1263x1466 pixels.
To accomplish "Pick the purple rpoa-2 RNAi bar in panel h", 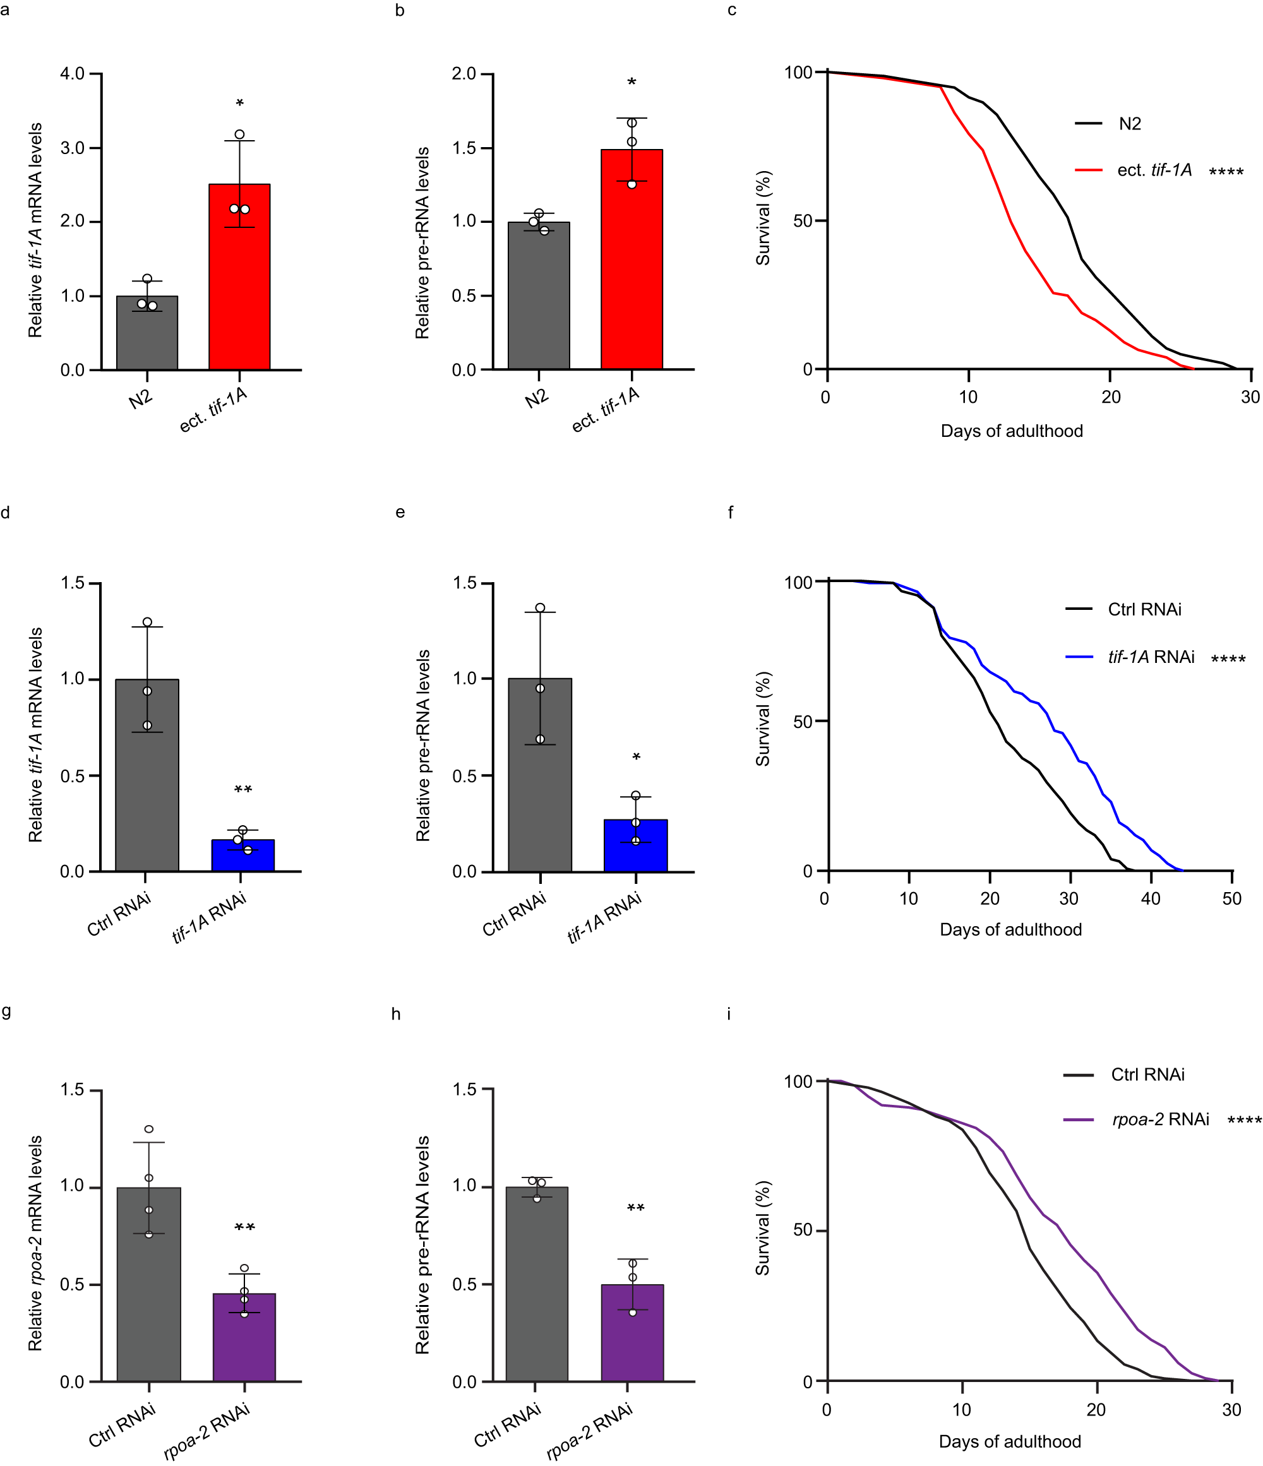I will [x=632, y=1333].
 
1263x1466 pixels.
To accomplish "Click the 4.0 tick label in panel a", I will [x=72, y=74].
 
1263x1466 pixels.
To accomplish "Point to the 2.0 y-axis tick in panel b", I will [x=464, y=74].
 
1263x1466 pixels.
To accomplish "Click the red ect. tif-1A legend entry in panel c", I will [x=1154, y=170].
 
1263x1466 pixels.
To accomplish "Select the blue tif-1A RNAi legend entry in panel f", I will [x=1151, y=657].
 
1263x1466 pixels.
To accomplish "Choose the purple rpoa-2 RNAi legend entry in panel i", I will [x=1161, y=1119].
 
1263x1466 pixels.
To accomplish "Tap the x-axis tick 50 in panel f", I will [x=1231, y=899].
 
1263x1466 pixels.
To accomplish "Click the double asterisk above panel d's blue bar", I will [x=242, y=790].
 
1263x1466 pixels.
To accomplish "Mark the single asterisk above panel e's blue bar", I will [x=636, y=758].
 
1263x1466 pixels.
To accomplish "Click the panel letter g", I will [x=6, y=1010].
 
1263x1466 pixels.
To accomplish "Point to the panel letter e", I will [x=400, y=512].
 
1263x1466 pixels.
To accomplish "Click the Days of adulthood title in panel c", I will [x=1011, y=431].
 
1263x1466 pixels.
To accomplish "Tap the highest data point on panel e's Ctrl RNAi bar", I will [x=540, y=608].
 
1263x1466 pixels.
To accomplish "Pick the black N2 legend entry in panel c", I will [x=1129, y=124].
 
